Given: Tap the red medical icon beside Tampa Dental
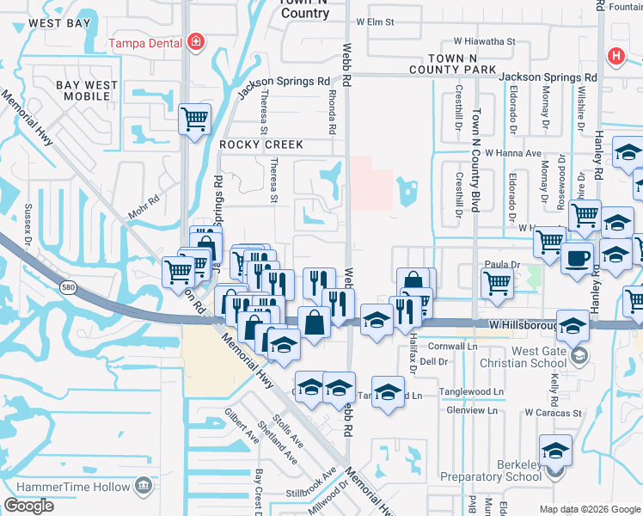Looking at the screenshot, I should (x=196, y=41).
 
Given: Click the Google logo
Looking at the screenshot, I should (x=28, y=505).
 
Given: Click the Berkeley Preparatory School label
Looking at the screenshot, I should (x=490, y=470).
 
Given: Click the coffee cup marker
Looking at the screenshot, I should (x=577, y=257).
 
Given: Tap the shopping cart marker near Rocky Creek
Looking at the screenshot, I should (x=195, y=119).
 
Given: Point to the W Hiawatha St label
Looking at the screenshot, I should (x=472, y=40).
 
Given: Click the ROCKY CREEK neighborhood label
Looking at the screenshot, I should (x=260, y=144).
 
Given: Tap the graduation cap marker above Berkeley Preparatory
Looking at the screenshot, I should (x=555, y=450).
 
